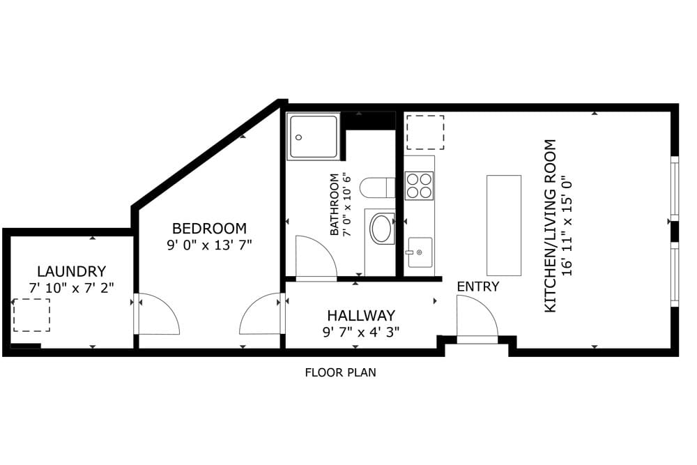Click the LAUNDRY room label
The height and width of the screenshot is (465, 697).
coord(71,271)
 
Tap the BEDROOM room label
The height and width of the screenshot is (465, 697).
coord(209,228)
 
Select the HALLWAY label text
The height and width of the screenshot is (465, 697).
coord(361,315)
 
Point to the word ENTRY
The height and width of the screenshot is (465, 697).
coord(477,287)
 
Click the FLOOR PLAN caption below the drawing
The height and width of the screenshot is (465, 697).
coord(340,372)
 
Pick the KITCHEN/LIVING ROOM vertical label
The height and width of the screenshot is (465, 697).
coord(551,226)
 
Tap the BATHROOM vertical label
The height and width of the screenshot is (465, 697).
coord(335,205)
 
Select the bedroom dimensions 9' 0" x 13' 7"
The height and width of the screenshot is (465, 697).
coord(209,245)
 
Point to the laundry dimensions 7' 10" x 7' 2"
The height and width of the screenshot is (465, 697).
coord(71,287)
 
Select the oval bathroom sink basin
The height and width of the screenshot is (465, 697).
coord(381,229)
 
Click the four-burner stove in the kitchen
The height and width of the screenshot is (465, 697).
coord(419,185)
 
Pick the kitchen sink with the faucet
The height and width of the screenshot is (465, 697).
coord(420,252)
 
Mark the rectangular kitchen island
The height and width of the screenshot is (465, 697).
coord(503,225)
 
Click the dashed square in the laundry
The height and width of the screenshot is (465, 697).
coord(31,315)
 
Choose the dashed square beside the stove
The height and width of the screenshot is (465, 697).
coord(425,132)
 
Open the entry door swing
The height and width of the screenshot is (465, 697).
coord(475,318)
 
